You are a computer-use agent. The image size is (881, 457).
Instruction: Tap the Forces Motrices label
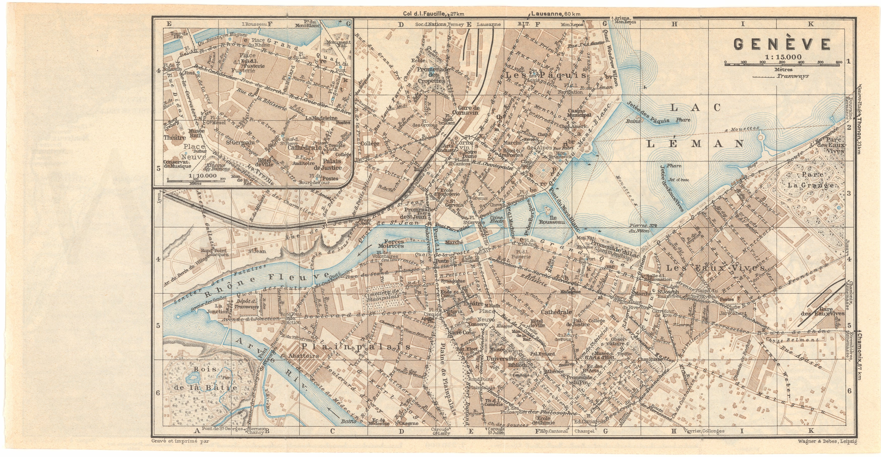pyautogui.click(x=391, y=243)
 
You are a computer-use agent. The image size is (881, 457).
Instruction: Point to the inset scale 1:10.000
pyautogui.click(x=202, y=176)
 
